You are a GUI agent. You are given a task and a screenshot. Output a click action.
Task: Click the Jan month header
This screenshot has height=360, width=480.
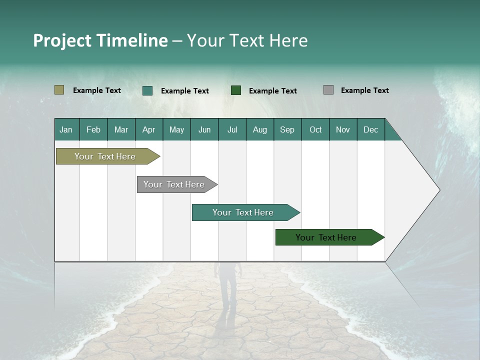coord(66,129)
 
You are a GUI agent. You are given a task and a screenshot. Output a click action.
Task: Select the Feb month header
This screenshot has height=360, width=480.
coord(93,129)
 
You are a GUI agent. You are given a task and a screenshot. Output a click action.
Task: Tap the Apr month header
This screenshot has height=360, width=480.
coord(148,129)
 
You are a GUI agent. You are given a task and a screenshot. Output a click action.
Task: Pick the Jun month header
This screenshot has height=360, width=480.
coord(204,129)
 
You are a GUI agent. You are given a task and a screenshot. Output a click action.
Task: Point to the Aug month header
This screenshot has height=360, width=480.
coord(259,129)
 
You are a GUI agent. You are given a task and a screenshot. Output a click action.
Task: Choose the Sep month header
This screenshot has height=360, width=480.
coord(287,129)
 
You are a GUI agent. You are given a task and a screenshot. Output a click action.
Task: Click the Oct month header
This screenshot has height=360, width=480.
coord(315,129)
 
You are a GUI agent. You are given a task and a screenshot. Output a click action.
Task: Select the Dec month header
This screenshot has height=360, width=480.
coord(370,129)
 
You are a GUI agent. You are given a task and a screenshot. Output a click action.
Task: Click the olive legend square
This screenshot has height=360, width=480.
coord(59,90)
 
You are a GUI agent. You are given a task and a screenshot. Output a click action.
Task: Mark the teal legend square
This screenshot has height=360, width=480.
coord(147,90)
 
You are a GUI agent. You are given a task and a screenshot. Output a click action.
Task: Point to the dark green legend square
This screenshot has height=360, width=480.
coord(236,90)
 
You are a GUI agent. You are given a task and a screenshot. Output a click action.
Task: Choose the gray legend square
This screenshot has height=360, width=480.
coord(328,90)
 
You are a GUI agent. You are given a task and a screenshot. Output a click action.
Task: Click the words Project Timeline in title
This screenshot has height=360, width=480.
coord(100,40)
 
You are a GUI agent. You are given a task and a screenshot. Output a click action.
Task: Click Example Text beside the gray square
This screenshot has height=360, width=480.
coord(364,90)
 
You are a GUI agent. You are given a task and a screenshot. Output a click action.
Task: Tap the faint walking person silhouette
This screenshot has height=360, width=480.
coord(227,290)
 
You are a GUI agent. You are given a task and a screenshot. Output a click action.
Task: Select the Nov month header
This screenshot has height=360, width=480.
coord(342,129)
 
